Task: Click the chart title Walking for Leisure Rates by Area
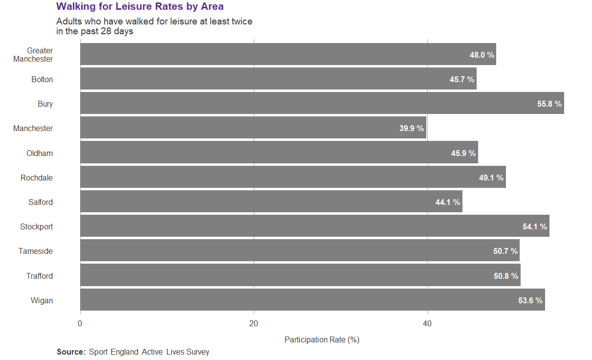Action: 140,6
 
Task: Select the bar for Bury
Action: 322,104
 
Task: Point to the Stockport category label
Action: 37,227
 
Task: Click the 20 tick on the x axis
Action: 254,323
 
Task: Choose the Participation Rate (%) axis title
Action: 322,339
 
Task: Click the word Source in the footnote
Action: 71,352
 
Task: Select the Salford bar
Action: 271,202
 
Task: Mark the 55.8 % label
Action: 549,104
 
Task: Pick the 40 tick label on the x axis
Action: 427,323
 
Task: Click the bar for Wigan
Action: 312,300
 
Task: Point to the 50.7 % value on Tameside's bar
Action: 505,251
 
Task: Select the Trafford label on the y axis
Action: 40,276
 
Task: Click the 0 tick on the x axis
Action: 80,323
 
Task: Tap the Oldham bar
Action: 279,153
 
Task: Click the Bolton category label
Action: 42,80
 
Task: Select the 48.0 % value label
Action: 482,55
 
